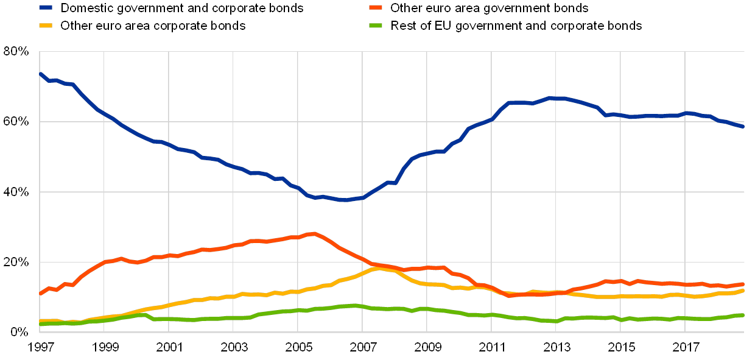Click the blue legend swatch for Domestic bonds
[45, 9]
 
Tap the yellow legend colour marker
[45, 26]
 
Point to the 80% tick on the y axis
[16, 52]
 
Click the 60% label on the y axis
[16, 122]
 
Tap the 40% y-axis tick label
[16, 192]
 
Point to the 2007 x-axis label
[362, 347]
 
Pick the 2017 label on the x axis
[685, 347]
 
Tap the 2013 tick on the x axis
[556, 347]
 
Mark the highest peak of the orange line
[313, 233]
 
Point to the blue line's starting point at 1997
[40, 74]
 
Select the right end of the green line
[743, 315]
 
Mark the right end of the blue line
[743, 126]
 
